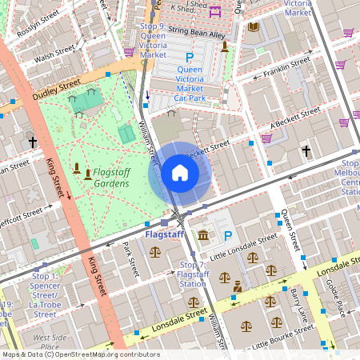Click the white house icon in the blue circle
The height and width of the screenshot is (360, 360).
tap(180, 173)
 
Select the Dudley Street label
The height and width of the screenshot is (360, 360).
tap(57, 90)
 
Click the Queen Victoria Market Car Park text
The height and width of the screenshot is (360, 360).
tap(190, 80)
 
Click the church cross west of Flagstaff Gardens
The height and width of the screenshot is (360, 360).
tap(33, 142)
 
